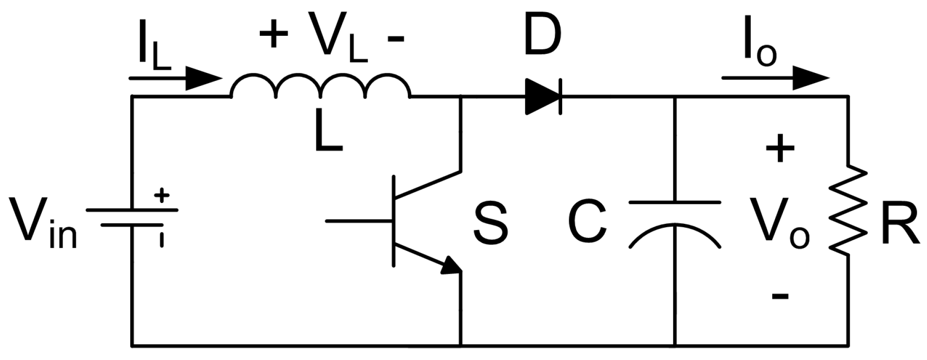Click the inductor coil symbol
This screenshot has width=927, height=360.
[321, 86]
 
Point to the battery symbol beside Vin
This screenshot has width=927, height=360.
[132, 217]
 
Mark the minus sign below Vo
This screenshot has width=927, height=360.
[780, 295]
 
